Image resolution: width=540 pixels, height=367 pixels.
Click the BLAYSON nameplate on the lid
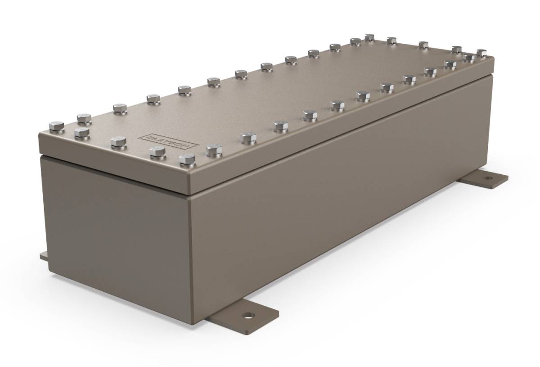tap(166, 141)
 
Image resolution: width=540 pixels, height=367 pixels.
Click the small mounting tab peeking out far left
tap(43, 257)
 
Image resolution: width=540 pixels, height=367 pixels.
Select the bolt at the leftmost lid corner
tap(57, 127)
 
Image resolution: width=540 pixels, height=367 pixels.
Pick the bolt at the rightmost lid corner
tap(481, 53)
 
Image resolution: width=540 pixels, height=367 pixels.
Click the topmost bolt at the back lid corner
tap(370, 37)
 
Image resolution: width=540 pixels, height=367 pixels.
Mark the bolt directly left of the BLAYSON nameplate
tap(119, 141)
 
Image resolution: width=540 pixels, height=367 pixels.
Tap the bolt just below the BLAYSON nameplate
tap(157, 151)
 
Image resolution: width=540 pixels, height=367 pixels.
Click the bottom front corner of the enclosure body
tap(193, 322)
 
